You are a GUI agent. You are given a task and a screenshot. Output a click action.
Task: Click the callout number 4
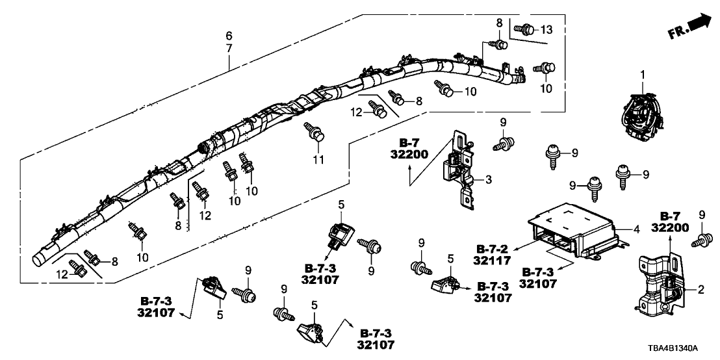[637, 229]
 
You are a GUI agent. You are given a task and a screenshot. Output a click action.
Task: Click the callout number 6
[229, 35]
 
